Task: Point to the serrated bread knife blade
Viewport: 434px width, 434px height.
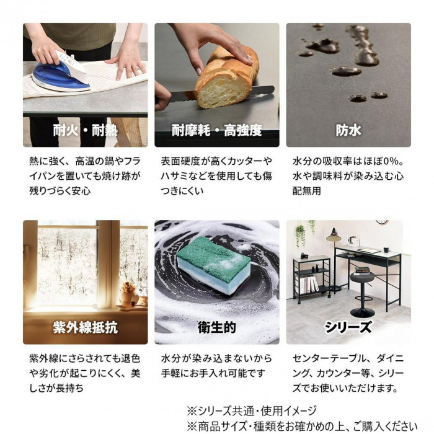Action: coord(221,93)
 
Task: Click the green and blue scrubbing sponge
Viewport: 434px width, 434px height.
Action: coord(213,267)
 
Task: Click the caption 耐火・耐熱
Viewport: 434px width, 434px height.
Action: coord(86,131)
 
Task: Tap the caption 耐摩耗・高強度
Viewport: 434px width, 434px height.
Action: coord(217,131)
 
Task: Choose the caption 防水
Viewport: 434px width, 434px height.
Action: coord(348,131)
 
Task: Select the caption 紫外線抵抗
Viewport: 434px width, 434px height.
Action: coord(86,328)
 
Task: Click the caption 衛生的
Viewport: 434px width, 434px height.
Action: coord(217,328)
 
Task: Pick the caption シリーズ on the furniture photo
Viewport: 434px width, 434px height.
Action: coord(348,328)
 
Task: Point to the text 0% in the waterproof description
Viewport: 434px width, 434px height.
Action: coord(389,161)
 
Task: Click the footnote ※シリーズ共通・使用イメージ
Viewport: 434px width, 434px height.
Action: coord(251,410)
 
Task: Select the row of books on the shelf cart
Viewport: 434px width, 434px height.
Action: coord(309,284)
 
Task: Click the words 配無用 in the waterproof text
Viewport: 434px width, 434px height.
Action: coord(307,191)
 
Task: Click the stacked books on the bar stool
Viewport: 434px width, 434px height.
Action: coord(361,270)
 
